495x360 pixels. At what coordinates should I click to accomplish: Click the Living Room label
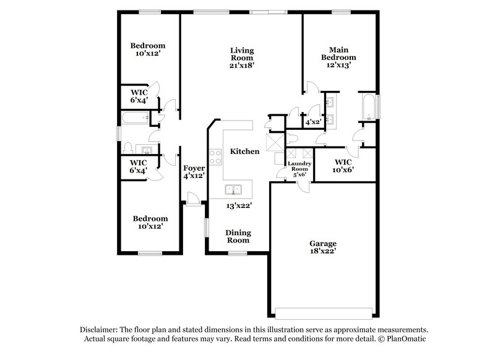click(242, 57)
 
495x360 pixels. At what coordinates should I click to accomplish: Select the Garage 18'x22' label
click(324, 247)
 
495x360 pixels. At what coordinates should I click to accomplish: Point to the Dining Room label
click(238, 236)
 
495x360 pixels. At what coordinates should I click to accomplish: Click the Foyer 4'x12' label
click(194, 171)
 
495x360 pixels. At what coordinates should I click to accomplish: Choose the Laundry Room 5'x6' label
click(299, 168)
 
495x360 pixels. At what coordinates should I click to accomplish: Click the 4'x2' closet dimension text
click(310, 122)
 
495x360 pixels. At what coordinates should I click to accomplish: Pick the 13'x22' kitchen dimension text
click(238, 205)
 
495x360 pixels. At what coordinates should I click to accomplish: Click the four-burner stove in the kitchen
click(215, 157)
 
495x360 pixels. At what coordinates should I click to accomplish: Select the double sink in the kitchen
click(234, 189)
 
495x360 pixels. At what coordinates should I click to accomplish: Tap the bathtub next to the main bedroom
click(368, 108)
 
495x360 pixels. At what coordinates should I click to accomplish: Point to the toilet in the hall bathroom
click(128, 148)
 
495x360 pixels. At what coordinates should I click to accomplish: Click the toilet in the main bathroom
click(293, 137)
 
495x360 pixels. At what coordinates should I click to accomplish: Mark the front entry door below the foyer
click(192, 199)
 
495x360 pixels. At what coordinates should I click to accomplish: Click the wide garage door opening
click(324, 311)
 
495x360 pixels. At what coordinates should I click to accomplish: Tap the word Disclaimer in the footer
click(98, 330)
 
